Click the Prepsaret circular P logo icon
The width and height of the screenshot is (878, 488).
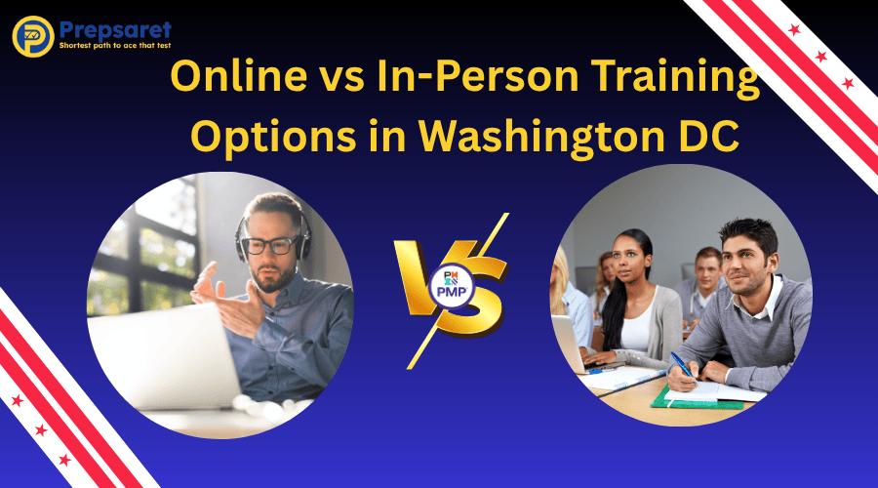point(32,35)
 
